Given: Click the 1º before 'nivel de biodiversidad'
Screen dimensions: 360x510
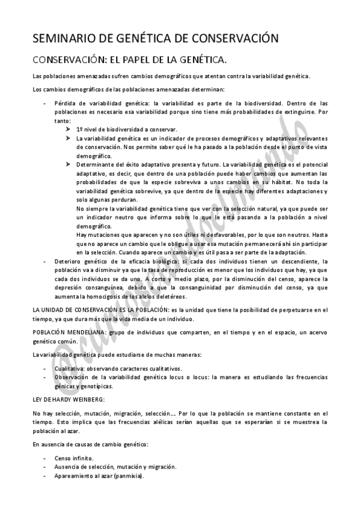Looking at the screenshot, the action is [x=80, y=129].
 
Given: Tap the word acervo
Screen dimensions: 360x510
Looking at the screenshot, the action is [x=314, y=332].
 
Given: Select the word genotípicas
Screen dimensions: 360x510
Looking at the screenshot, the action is [x=97, y=386].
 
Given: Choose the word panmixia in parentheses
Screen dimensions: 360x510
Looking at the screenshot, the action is [x=129, y=475].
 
